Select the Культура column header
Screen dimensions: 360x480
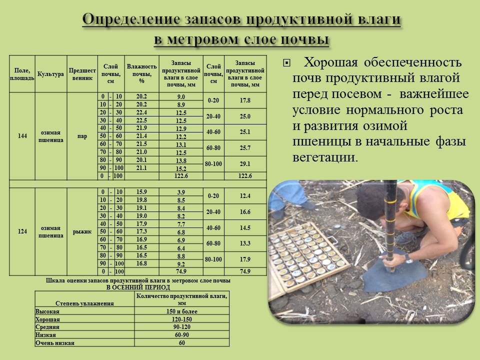coord(50,74)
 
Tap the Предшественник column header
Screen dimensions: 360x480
coord(82,74)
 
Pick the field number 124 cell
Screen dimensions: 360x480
coord(22,231)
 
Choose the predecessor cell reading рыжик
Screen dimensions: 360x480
coord(82,231)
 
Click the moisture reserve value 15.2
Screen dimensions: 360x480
coord(181,168)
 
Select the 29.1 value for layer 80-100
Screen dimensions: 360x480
coord(245,164)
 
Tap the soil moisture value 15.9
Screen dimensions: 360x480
coord(141,192)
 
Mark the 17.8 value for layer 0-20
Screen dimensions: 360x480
coord(245,100)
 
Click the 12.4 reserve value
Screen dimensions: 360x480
coord(245,196)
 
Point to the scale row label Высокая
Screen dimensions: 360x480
coord(45,311)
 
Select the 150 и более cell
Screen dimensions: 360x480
coord(181,311)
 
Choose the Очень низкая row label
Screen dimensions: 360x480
coord(54,343)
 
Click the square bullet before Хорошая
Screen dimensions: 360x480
coord(286,63)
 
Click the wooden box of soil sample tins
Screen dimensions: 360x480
coord(305,260)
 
